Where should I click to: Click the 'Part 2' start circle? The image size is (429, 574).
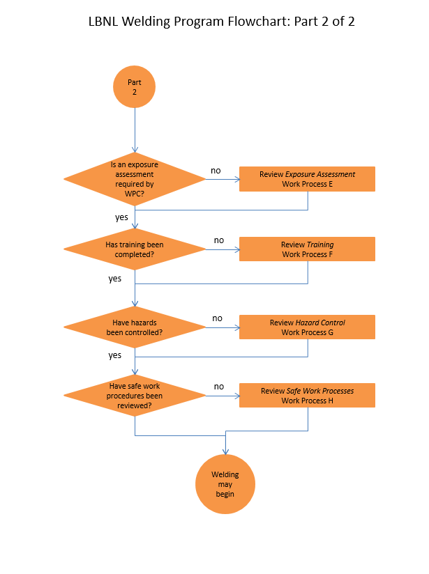click(x=134, y=86)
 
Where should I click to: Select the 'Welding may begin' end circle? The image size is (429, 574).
click(x=225, y=484)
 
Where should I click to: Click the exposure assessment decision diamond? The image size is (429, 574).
click(x=134, y=179)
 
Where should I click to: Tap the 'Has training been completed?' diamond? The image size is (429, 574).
click(x=134, y=249)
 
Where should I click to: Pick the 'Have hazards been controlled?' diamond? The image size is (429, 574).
click(x=134, y=327)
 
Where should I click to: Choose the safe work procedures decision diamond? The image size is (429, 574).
click(x=134, y=396)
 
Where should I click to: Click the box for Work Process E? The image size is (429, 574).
click(x=307, y=179)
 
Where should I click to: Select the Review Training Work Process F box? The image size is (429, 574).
click(x=307, y=249)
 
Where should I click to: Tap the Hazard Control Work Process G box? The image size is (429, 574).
click(x=307, y=327)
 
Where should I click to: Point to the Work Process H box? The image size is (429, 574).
click(x=307, y=396)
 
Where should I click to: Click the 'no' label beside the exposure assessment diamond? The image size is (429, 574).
click(x=216, y=171)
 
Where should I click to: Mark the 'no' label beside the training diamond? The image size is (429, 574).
click(x=219, y=240)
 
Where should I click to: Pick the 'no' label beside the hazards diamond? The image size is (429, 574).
click(x=218, y=318)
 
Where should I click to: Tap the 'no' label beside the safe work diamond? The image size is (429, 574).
click(x=219, y=387)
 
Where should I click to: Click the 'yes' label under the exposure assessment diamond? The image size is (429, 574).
click(x=121, y=217)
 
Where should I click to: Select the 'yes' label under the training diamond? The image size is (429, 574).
click(x=115, y=279)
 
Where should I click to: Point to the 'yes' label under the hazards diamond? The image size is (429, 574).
click(x=115, y=355)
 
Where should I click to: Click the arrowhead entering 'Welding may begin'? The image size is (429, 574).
click(x=225, y=451)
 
